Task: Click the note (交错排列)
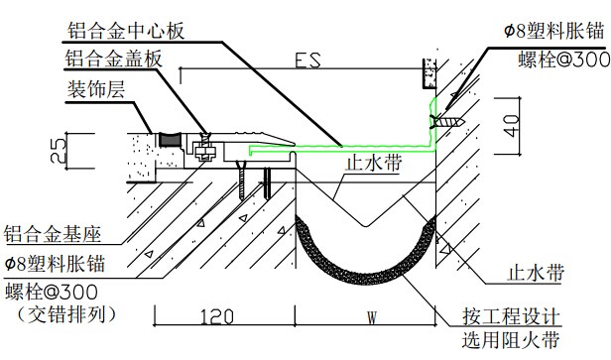66,315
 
